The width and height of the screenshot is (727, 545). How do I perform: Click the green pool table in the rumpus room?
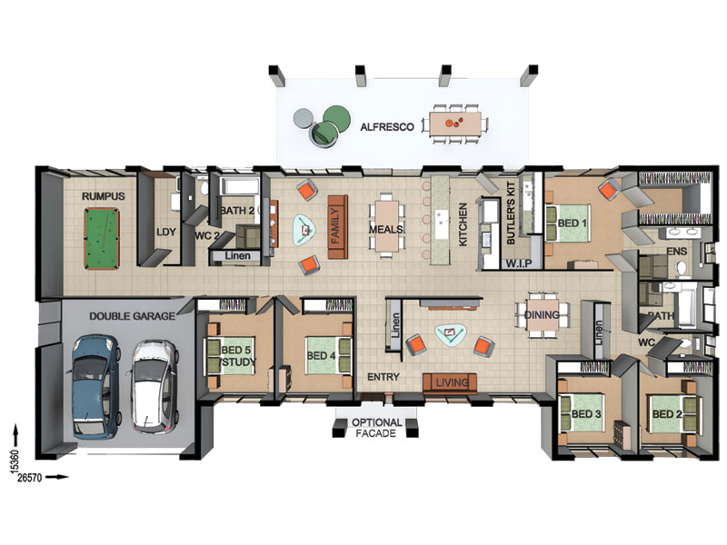pos(102,238)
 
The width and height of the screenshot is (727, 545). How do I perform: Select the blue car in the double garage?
pos(95,387)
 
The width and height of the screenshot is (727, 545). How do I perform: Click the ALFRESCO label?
pos(387,127)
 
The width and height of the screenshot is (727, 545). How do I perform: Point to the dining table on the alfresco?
pos(455,123)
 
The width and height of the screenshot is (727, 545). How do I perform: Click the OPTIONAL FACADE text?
pos(376,428)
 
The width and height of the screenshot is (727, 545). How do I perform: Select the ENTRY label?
pos(383,377)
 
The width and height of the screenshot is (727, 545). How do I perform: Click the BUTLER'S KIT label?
pos(511,213)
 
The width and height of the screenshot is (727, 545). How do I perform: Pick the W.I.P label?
pos(518,263)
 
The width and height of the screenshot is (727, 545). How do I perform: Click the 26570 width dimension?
pos(29,478)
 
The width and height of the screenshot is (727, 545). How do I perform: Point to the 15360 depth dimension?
pos(15,462)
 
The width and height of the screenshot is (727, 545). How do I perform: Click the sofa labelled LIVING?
pos(450,382)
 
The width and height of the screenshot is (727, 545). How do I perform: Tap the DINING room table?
pos(543,314)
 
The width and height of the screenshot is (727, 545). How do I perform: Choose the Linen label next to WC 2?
pos(237,255)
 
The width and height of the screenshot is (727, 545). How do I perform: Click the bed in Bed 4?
pos(328,355)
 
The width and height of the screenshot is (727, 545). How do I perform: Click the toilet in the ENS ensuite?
pos(681,268)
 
